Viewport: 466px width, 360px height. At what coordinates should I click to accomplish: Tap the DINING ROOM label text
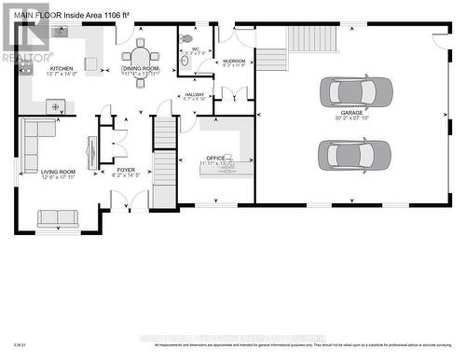[141, 68]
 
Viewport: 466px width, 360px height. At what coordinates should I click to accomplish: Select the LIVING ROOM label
[59, 172]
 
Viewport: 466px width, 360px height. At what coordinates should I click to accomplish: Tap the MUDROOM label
[234, 61]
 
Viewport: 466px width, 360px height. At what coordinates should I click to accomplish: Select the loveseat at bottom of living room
[58, 218]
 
